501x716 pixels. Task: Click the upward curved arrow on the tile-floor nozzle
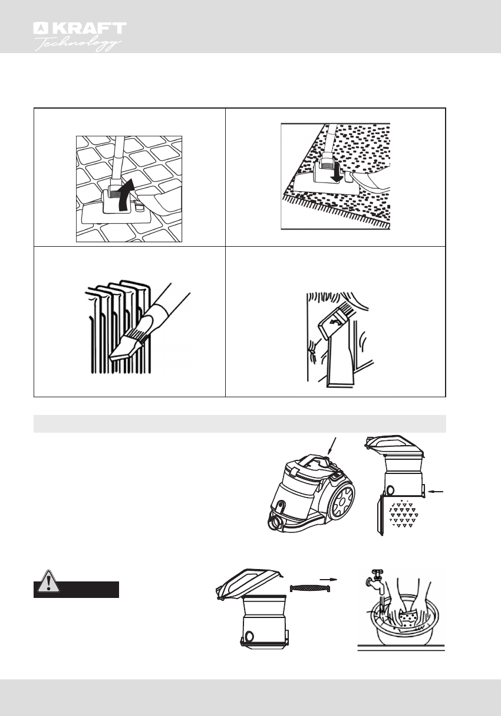pos(123,196)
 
